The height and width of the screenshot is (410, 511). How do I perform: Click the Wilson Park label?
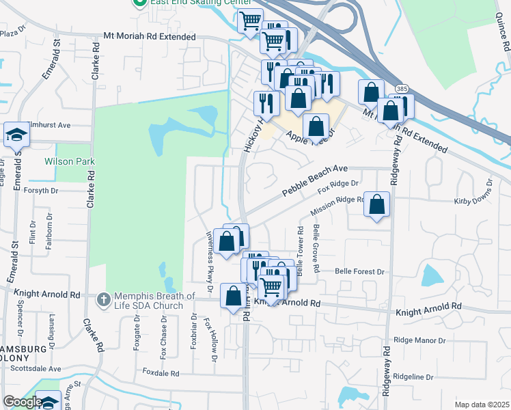coord(69,162)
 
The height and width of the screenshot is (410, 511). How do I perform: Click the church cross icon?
coord(102,299)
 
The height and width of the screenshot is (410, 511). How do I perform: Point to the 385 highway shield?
coord(403,89)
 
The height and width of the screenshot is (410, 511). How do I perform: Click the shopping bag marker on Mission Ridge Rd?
coord(377,205)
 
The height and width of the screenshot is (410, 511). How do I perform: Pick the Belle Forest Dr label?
coord(360,271)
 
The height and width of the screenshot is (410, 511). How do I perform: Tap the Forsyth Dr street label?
coord(43,190)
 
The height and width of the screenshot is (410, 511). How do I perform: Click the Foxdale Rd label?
coord(161,373)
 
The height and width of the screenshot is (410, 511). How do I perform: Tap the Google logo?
coord(23,402)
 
